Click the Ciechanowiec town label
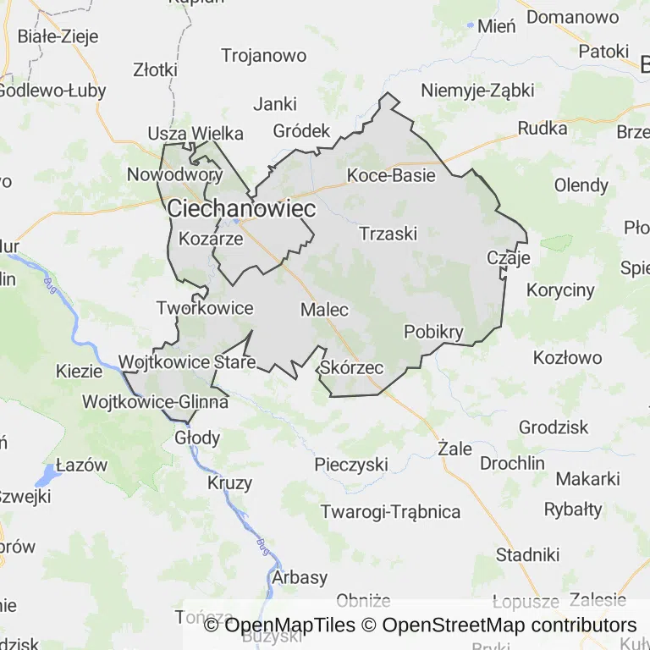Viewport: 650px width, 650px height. [241, 208]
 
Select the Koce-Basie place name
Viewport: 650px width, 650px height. [391, 176]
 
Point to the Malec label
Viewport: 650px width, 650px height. [324, 310]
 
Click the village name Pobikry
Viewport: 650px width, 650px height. [434, 332]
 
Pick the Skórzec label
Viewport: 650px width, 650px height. [352, 368]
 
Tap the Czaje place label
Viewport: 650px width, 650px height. [509, 258]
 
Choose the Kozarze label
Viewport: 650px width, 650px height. [212, 240]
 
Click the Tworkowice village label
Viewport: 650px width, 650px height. [205, 308]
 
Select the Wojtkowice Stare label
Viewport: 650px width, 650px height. [187, 363]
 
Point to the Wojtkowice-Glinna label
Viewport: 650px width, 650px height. [155, 402]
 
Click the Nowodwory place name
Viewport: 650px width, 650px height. [174, 175]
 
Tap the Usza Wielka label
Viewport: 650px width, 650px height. [196, 134]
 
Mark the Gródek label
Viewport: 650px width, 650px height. [301, 131]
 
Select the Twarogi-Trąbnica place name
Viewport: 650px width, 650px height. [390, 512]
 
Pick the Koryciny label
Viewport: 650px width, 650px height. [560, 290]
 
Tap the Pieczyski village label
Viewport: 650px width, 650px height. [350, 465]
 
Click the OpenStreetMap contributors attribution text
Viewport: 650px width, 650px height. [510, 625]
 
